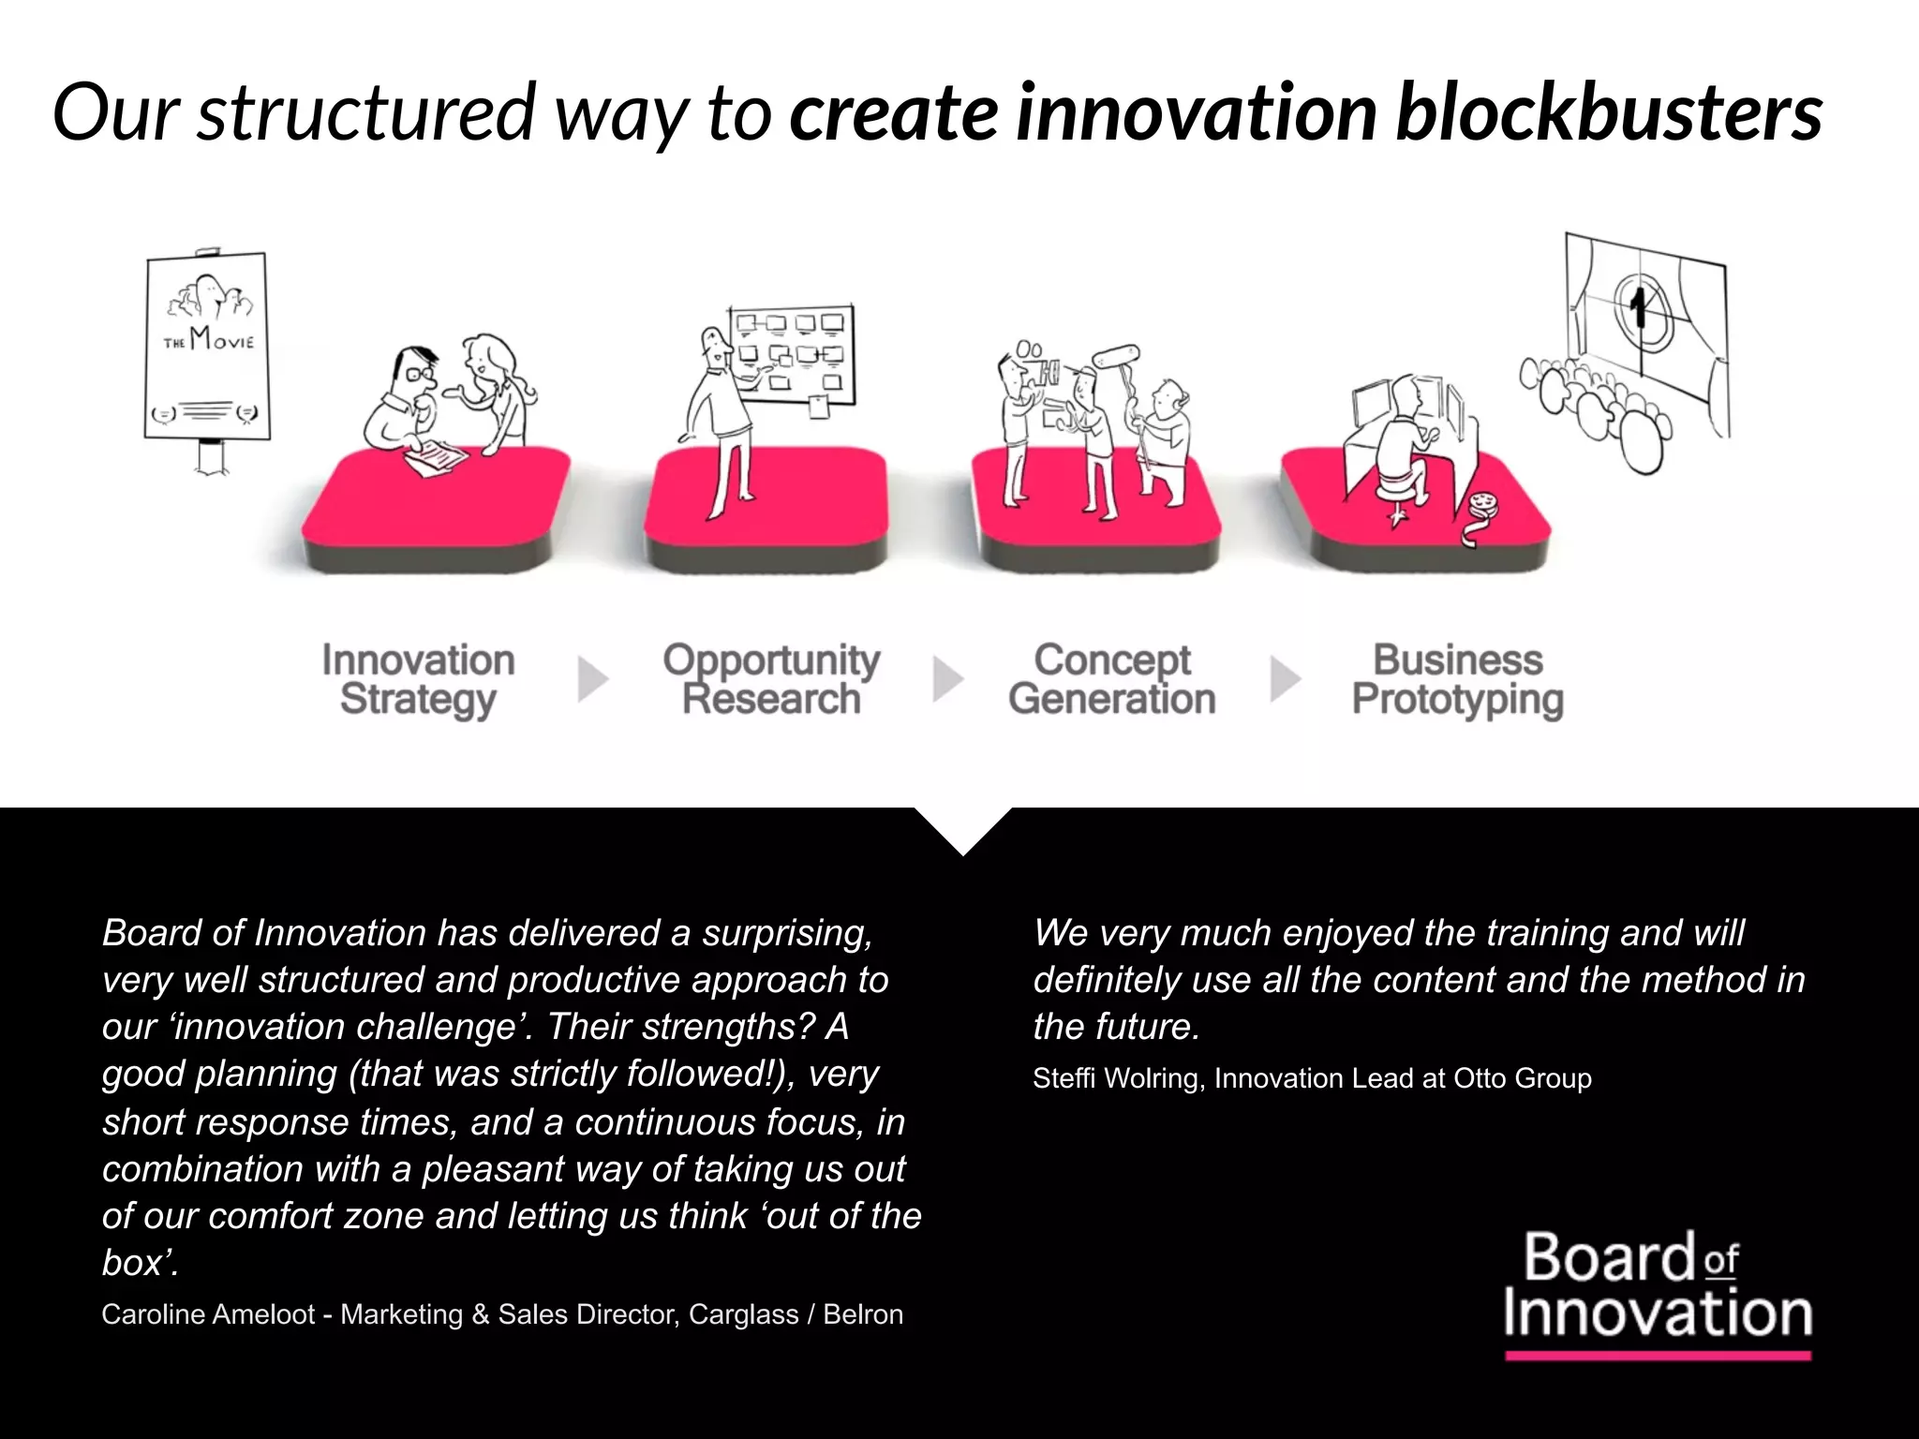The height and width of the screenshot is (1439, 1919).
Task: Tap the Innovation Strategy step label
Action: pos(418,680)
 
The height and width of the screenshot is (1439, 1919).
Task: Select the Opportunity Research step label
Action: pos(771,680)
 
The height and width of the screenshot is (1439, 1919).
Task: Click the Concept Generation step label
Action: pos(1112,680)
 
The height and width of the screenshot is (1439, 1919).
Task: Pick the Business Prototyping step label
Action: pos(1458,680)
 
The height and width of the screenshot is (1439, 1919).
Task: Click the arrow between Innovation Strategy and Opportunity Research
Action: pos(592,679)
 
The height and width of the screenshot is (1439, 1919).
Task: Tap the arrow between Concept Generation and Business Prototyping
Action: pos(1285,679)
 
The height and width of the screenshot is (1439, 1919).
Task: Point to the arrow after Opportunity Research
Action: pos(947,679)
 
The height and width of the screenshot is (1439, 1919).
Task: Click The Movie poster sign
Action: pos(206,347)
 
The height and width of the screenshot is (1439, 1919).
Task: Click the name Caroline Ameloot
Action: pos(208,1314)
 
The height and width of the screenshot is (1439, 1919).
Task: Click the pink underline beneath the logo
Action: pos(1657,1356)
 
